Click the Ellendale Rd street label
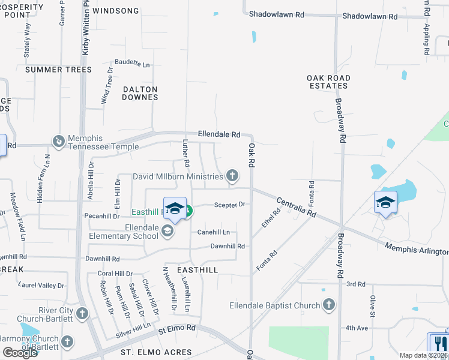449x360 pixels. pos(219,134)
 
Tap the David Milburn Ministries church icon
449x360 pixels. pos(232,176)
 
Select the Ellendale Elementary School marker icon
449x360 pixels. pos(167,232)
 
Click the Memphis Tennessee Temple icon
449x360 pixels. pos(59,142)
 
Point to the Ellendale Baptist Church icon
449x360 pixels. pos(328,305)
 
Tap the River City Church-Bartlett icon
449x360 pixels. pos(82,314)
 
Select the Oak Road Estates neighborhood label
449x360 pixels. pos(328,82)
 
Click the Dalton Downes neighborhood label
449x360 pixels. pos(140,93)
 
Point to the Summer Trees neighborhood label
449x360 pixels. pos(59,70)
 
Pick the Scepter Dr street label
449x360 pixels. pos(230,205)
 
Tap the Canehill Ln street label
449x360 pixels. pos(214,232)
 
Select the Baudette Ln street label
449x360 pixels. pos(132,63)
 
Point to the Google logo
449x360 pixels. pos(20,352)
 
